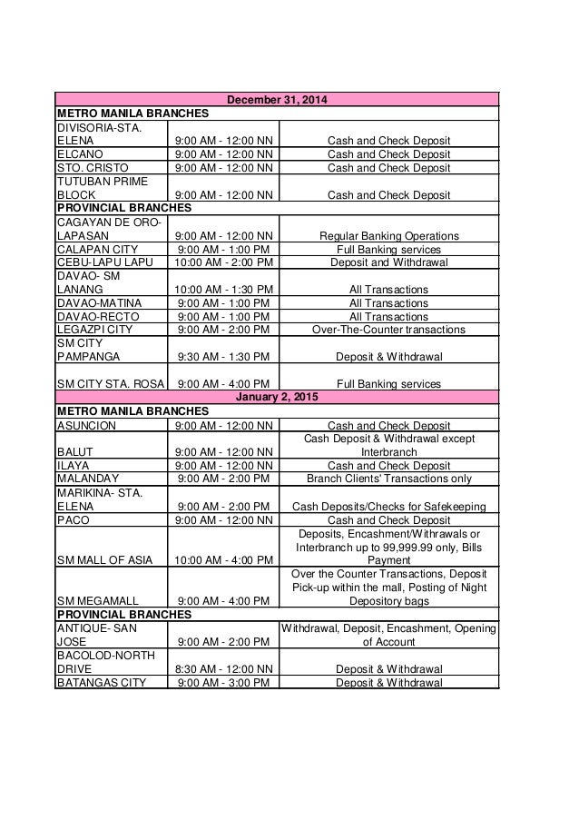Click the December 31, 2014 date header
(x=277, y=99)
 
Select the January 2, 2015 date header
(x=277, y=396)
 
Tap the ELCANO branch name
(x=79, y=154)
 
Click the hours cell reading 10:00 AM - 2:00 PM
(x=223, y=263)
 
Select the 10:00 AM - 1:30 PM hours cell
(x=223, y=290)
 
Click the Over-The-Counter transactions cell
(x=388, y=330)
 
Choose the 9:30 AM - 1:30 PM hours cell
(x=223, y=357)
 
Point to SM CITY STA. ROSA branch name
(x=109, y=383)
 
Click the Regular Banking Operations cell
(x=388, y=236)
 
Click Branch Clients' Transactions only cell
(x=388, y=478)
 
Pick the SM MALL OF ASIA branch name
(x=102, y=561)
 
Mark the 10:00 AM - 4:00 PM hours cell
(x=223, y=561)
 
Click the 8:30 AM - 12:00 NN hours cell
(x=223, y=669)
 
